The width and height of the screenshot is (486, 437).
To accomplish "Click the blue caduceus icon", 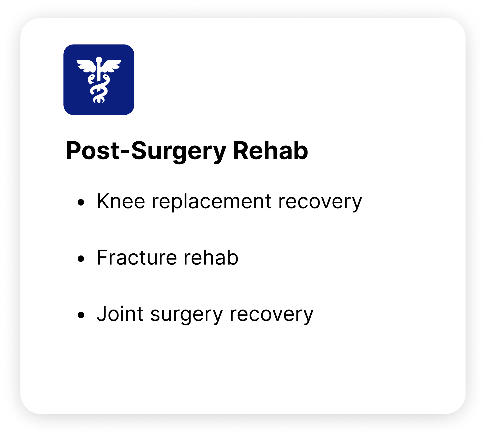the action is [x=99, y=80].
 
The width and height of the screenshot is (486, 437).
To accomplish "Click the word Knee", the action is [x=121, y=201].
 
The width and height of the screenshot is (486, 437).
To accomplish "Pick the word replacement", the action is [x=212, y=202].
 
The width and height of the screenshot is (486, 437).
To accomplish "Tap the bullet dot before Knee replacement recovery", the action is [x=81, y=202].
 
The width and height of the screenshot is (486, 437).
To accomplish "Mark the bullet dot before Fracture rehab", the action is [x=81, y=259].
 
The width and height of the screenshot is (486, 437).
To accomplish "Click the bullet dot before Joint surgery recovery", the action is [x=81, y=315].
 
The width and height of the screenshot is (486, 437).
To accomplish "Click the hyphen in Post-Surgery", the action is [x=124, y=153].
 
